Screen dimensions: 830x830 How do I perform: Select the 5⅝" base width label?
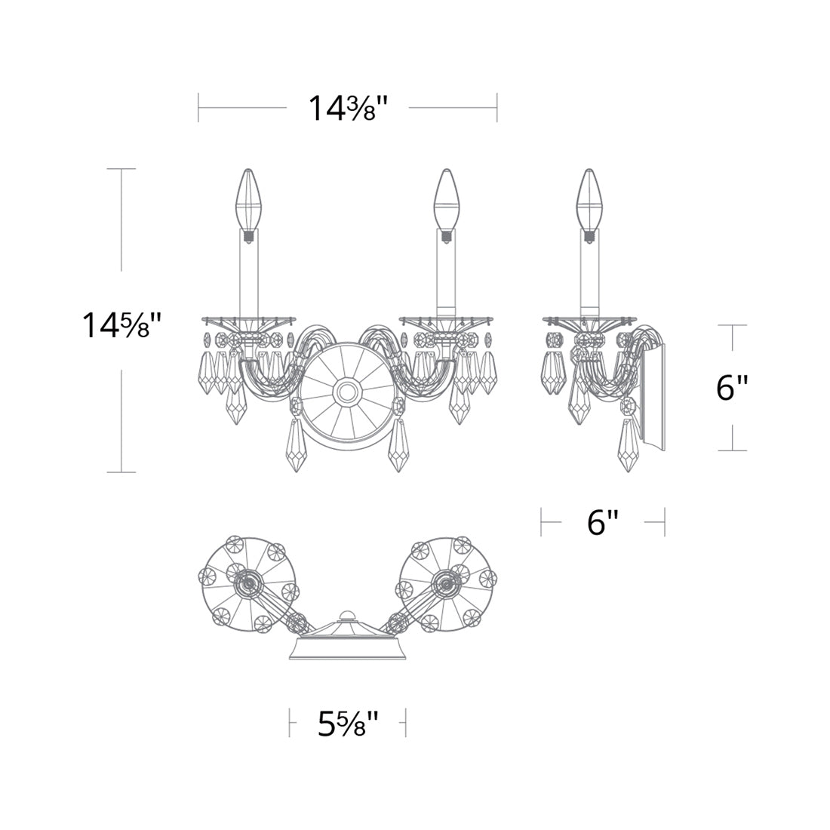[349, 724]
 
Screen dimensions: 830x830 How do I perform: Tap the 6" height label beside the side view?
[732, 389]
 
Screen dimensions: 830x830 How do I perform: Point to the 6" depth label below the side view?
[603, 522]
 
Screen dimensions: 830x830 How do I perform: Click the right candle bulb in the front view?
[446, 199]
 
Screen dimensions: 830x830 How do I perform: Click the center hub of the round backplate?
[348, 392]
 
